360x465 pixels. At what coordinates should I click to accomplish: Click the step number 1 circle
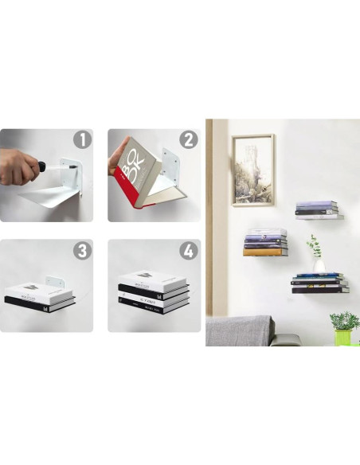tap(82, 140)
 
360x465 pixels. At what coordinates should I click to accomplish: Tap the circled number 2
tap(189, 140)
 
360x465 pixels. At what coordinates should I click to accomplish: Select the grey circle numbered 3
tap(82, 251)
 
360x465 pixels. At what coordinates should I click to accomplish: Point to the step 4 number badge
tap(189, 251)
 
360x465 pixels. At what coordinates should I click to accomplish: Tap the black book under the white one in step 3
tap(40, 300)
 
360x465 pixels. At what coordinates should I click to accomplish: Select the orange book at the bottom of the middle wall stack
tap(263, 252)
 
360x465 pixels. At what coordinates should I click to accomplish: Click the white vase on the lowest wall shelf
tap(319, 266)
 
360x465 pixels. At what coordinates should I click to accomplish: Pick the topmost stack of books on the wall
tap(318, 209)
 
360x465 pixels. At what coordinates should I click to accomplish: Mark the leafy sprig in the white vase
tap(315, 245)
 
